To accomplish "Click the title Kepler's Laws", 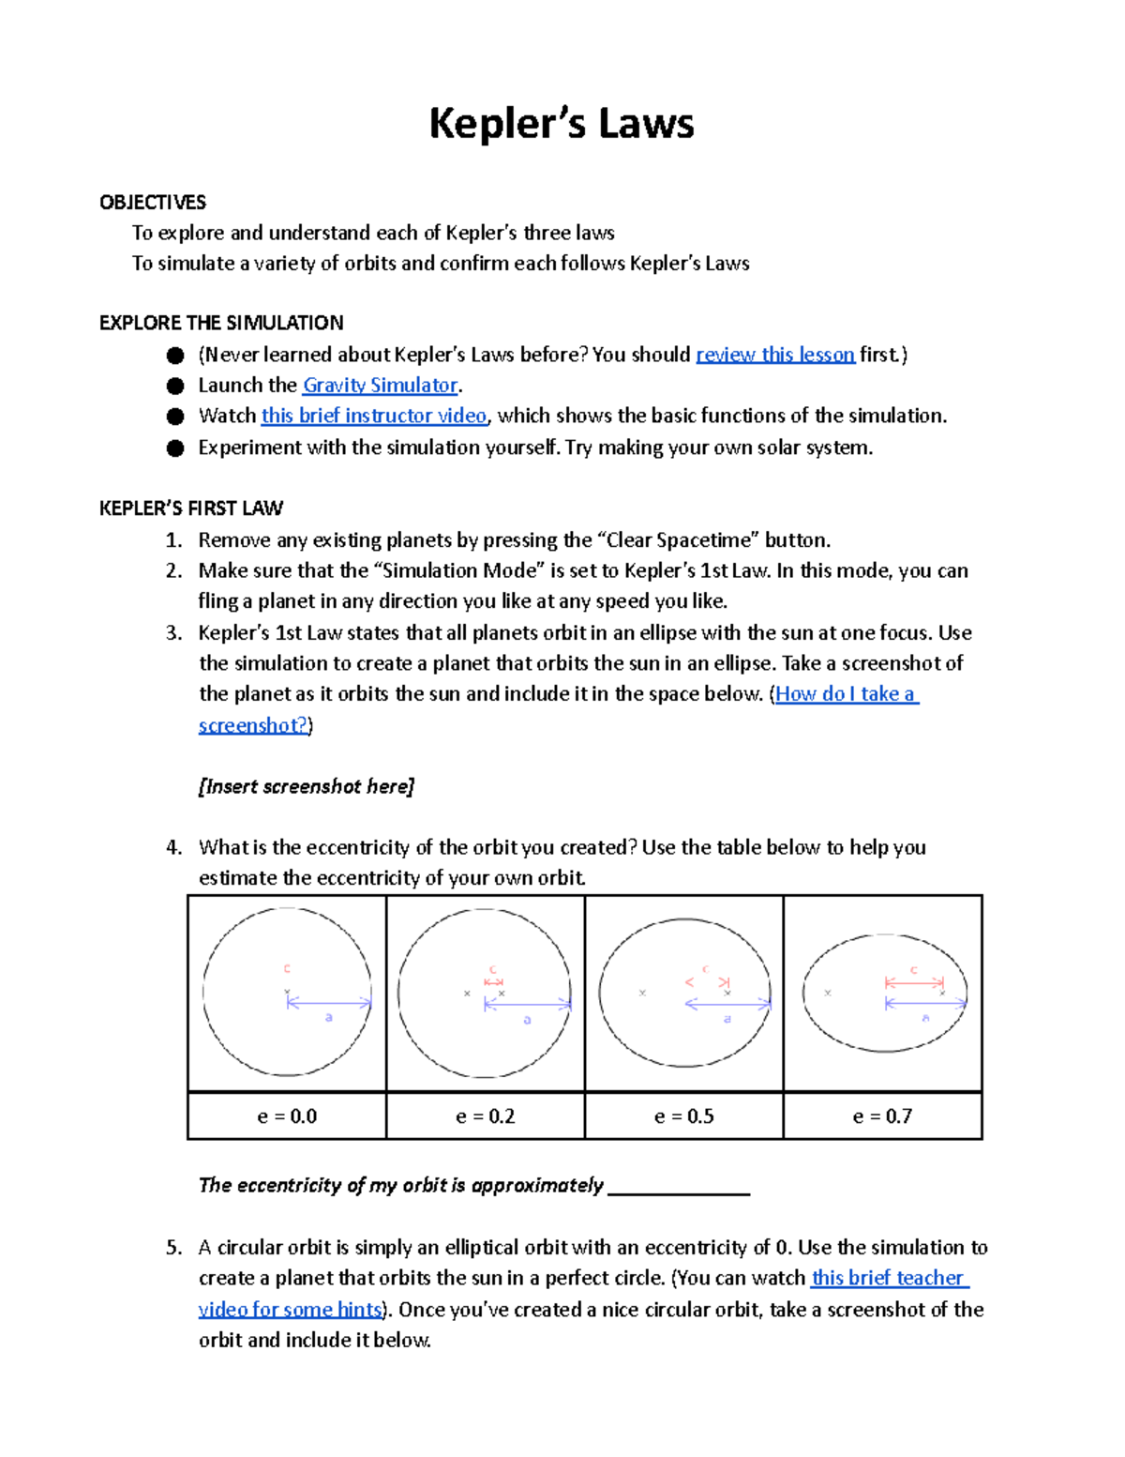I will pyautogui.click(x=561, y=124).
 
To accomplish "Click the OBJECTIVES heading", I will pyautogui.click(x=153, y=203).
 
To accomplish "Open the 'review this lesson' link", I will pyautogui.click(x=774, y=355).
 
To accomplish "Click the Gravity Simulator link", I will pyautogui.click(x=381, y=386).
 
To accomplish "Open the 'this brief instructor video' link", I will pyautogui.click(x=374, y=416).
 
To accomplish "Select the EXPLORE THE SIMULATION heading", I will pyautogui.click(x=221, y=323).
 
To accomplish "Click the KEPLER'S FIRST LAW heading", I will pyautogui.click(x=191, y=508).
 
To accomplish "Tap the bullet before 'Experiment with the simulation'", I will pyautogui.click(x=175, y=448).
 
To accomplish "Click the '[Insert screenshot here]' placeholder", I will pyautogui.click(x=307, y=786).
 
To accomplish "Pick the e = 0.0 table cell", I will pyautogui.click(x=287, y=1116).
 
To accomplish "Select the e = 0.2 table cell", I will pyautogui.click(x=486, y=1116).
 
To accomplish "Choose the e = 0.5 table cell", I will pyautogui.click(x=684, y=1116).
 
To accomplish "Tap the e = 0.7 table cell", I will pyautogui.click(x=882, y=1116).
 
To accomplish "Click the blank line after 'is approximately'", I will pyautogui.click(x=679, y=1188).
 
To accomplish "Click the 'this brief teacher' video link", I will pyautogui.click(x=889, y=1278).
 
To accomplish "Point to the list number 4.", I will pyautogui.click(x=173, y=848).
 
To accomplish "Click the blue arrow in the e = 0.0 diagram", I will pyautogui.click(x=329, y=1003).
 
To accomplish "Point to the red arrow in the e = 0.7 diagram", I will pyautogui.click(x=914, y=982).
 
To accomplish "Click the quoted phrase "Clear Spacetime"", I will pyautogui.click(x=678, y=540).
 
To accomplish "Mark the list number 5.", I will pyautogui.click(x=173, y=1248).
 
